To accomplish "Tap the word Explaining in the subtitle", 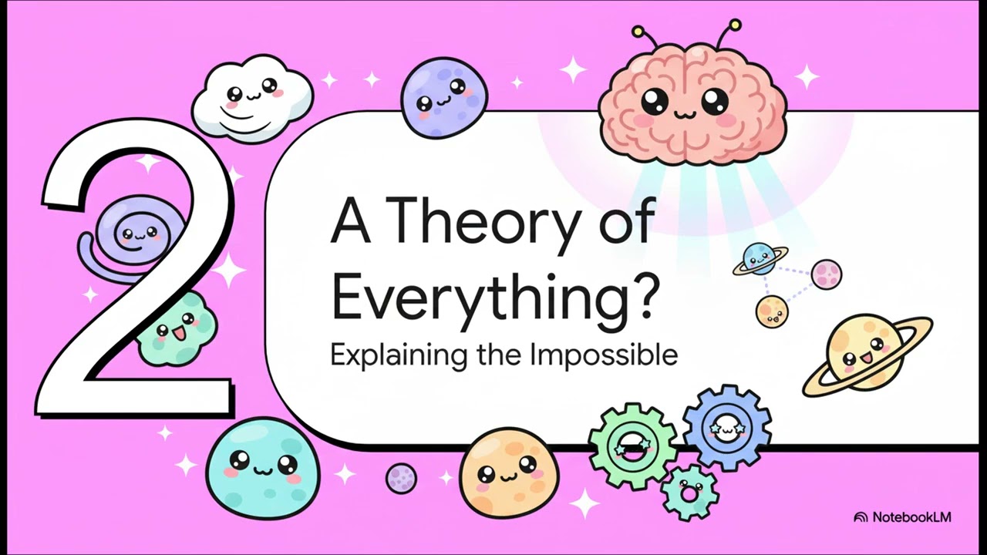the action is [x=398, y=356].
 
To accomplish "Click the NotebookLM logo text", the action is [x=911, y=516].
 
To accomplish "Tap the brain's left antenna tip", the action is [x=637, y=32].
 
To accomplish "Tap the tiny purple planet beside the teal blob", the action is [x=401, y=478].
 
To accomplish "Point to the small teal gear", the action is [x=689, y=493].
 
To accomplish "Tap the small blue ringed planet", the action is [x=760, y=261].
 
